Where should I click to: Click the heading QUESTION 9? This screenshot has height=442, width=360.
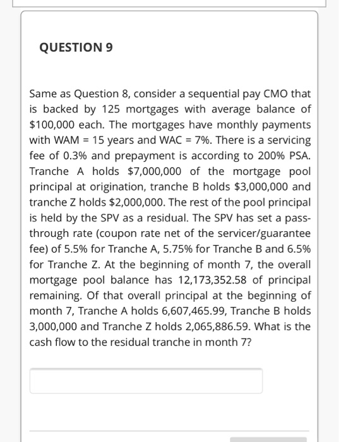76,47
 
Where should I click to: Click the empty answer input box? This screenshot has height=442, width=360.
146,381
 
